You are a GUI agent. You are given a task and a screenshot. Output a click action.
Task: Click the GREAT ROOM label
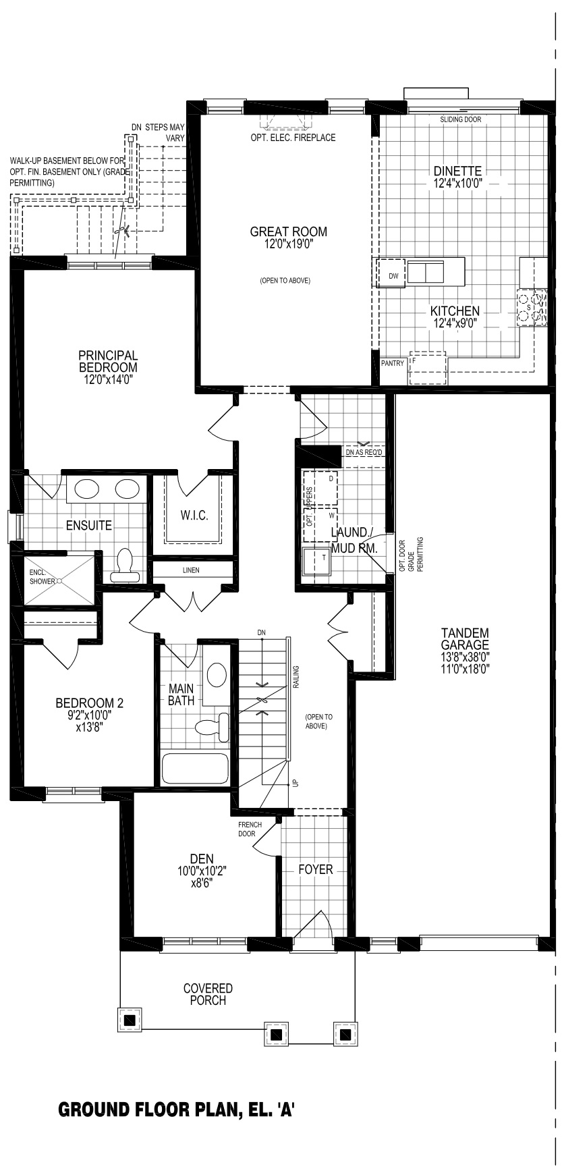coord(288,231)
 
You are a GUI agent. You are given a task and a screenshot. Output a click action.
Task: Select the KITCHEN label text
coord(455,311)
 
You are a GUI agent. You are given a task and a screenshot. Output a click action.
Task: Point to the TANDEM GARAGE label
coord(465,638)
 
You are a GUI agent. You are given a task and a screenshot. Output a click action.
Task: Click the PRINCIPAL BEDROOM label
coord(108,361)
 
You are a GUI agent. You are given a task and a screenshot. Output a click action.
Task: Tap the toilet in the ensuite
coord(125,566)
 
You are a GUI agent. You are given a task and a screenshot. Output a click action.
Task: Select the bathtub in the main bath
coord(195,768)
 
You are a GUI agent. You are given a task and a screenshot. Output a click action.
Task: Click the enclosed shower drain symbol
coord(59,580)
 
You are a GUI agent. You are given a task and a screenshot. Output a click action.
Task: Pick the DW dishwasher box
coord(393,276)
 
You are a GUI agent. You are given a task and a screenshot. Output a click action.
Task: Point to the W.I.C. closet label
coord(194,516)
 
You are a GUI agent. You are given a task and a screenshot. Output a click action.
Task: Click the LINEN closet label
coord(191,570)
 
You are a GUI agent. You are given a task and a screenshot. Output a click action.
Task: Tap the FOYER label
coord(316,869)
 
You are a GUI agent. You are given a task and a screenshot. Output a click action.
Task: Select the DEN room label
coord(202,858)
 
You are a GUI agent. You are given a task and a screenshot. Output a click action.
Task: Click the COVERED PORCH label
coord(208,994)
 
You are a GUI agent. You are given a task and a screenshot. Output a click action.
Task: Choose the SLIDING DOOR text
coord(461,119)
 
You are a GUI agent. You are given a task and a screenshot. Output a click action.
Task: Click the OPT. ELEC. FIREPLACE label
coord(292,138)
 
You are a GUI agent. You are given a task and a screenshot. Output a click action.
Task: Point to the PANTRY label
coord(393,363)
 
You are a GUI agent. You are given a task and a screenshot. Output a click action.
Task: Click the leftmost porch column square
coord(130,1020)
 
